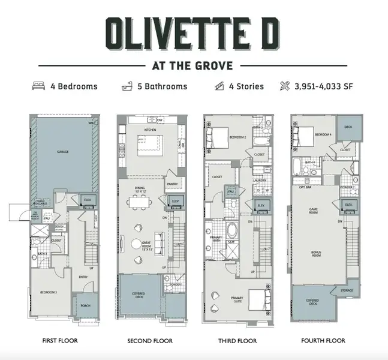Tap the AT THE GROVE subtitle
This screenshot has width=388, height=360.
(194, 65)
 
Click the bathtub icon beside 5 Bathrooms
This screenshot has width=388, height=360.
(127, 86)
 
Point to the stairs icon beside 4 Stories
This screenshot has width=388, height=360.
(219, 86)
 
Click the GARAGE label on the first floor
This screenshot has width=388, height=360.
(63, 152)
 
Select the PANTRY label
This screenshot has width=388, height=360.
(172, 184)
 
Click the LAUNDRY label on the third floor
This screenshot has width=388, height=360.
(259, 179)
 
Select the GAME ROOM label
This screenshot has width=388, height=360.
(312, 211)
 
